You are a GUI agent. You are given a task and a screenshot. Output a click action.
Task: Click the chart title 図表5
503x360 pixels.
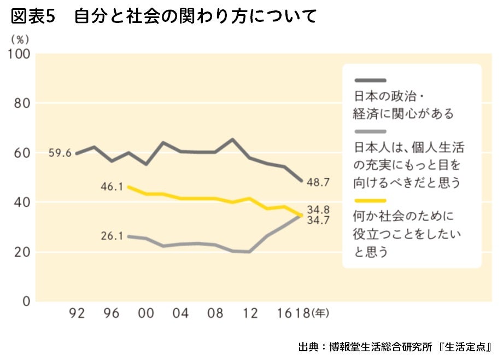coord(33,16)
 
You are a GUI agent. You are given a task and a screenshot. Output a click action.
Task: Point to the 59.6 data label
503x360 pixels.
coord(60,153)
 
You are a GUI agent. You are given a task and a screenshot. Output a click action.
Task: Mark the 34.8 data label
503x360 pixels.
coord(318,208)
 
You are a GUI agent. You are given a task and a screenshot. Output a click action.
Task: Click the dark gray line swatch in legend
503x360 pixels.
coord(370,80)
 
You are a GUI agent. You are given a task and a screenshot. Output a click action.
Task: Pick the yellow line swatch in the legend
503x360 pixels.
coord(370,201)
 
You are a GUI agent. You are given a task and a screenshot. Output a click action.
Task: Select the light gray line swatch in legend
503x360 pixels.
coord(370,131)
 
